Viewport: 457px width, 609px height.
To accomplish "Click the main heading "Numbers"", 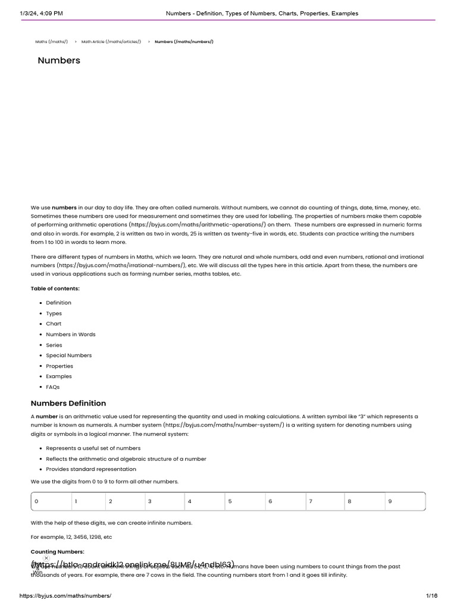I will (59, 61).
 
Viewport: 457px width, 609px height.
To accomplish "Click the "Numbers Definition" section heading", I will (68, 403).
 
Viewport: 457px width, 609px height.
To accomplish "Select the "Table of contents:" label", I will (55, 288).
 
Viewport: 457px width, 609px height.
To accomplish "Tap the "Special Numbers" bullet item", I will (68, 356).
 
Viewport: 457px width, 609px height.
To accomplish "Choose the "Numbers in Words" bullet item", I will (70, 334).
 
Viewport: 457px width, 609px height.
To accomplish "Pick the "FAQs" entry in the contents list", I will (53, 387).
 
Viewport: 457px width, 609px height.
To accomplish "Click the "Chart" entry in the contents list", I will (54, 324).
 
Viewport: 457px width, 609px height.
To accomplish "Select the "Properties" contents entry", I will (60, 366).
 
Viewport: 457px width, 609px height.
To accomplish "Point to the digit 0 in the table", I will (36, 501).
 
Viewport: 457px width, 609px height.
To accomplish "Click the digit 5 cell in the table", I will (230, 501).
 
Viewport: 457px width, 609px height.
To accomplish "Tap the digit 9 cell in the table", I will (390, 501).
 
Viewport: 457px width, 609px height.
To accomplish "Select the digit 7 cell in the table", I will (310, 501).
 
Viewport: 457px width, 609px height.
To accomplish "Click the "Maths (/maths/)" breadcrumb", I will (52, 42).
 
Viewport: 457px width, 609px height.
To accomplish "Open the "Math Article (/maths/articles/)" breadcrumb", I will (111, 42).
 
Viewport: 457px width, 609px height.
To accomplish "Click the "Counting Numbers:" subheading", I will (58, 552).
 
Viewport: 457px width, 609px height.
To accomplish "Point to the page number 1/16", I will (431, 596).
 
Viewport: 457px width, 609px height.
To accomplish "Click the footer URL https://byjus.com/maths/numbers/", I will (65, 596).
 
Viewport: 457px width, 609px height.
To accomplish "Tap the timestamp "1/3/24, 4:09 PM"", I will (41, 13).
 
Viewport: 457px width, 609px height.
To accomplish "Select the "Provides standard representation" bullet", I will (91, 469).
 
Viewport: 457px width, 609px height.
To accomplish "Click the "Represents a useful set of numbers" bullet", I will (93, 448).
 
